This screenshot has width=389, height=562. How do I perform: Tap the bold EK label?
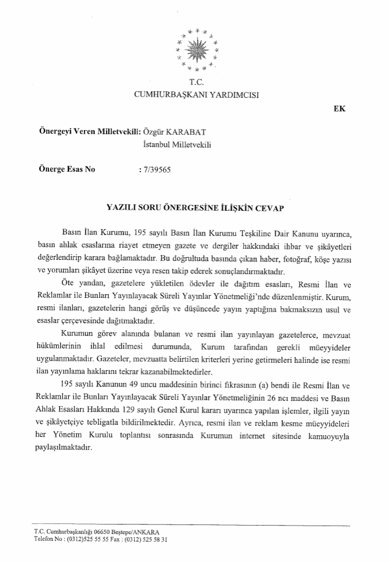[339, 109]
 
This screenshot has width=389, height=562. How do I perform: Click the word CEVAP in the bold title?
[269, 208]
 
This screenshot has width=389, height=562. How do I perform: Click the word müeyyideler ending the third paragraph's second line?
[329, 349]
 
